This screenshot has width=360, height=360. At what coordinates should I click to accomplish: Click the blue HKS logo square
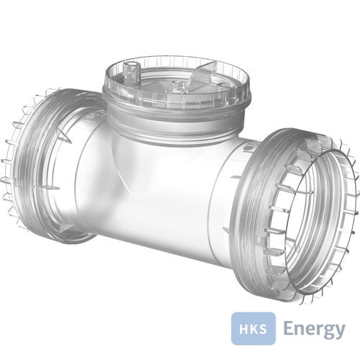click(253, 328)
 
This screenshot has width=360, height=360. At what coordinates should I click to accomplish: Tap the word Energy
click(314, 329)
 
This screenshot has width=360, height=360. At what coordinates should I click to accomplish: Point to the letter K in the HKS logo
click(253, 328)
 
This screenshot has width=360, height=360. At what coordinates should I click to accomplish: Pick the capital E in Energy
click(288, 328)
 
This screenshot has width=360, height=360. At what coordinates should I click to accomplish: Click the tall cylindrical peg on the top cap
click(131, 68)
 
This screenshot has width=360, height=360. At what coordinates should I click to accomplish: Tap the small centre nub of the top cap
click(178, 86)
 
